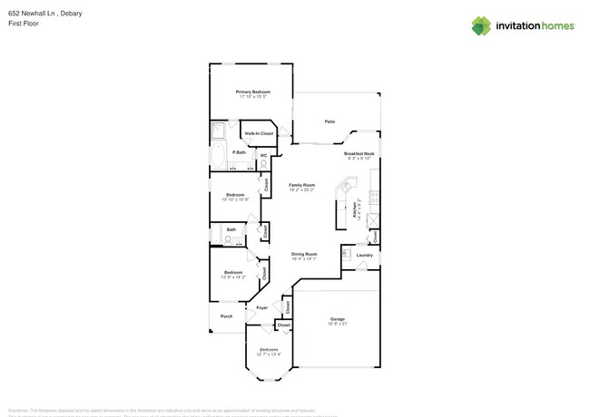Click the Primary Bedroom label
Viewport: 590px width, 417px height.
[253, 92]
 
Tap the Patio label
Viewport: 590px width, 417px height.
[330, 121]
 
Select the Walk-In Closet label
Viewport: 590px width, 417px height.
[259, 133]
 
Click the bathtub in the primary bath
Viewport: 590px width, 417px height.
[219, 157]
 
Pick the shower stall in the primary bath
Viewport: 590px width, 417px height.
[219, 131]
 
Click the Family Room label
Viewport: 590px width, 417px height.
[302, 184]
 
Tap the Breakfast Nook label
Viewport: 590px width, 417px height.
[359, 154]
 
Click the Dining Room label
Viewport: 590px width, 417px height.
[304, 254]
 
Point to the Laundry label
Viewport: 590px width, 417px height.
[364, 255]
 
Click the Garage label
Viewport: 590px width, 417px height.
[337, 318]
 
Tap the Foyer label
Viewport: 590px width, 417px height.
[261, 308]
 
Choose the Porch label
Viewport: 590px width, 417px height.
[227, 316]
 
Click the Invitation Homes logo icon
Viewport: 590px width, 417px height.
[480, 25]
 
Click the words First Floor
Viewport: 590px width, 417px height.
[21, 24]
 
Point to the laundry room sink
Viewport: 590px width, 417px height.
[346, 253]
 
